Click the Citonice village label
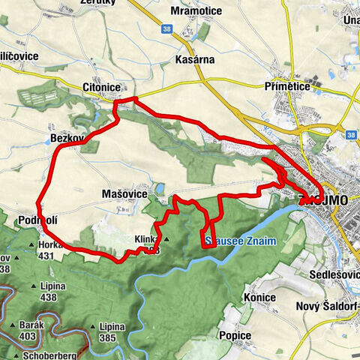[100, 88]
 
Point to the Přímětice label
[287, 87]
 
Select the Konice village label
[259, 298]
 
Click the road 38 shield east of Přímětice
[351, 135]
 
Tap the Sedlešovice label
[334, 275]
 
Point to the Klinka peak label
[145, 240]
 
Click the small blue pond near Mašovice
[158, 189]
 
